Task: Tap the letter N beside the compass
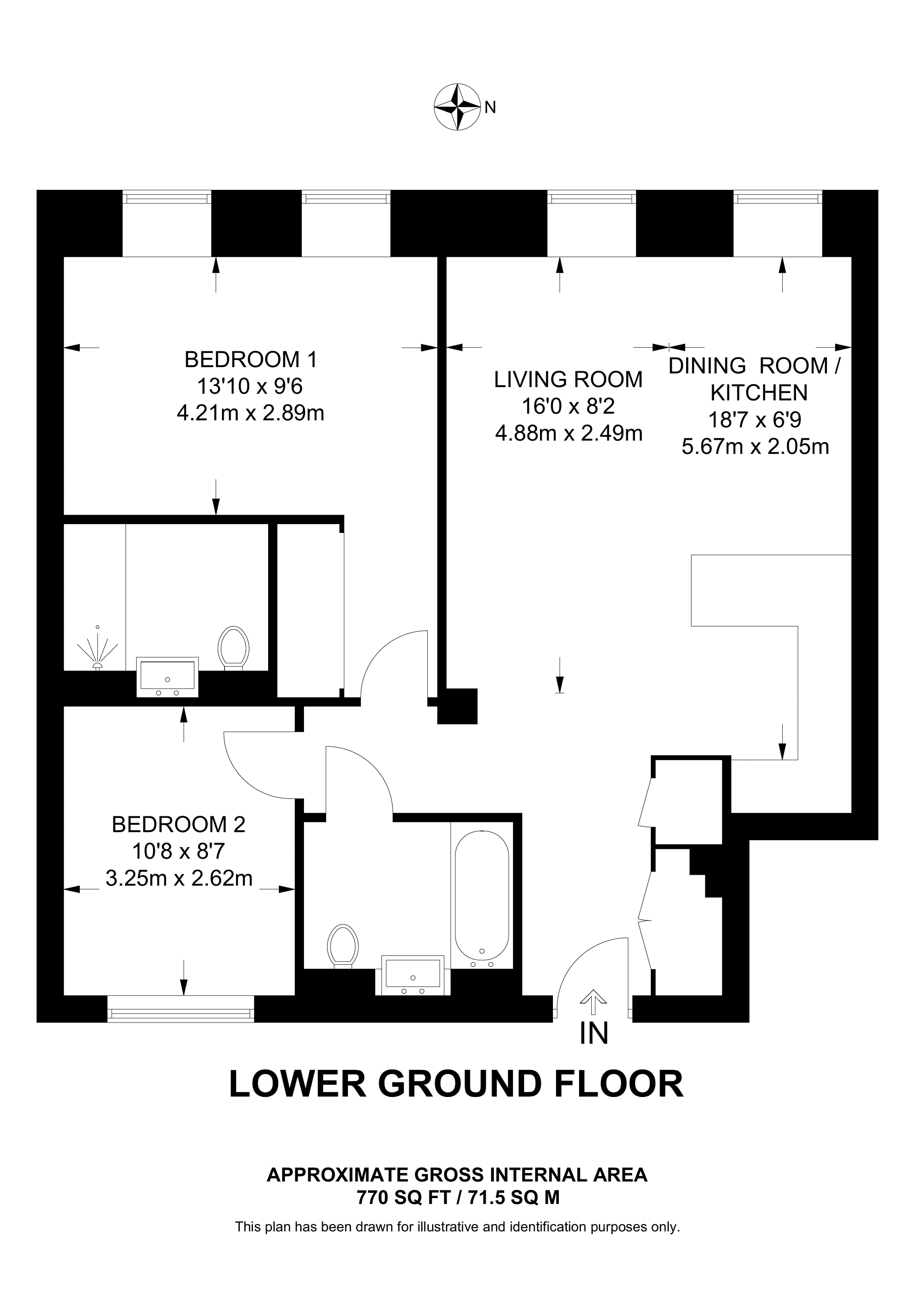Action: (x=490, y=107)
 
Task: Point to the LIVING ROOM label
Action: (x=568, y=379)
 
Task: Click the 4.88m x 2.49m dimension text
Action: (x=568, y=433)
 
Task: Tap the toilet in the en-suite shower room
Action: (x=234, y=648)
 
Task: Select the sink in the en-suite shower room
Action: (x=168, y=677)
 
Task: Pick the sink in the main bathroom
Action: (x=413, y=975)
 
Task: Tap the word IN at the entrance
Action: (x=594, y=1034)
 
